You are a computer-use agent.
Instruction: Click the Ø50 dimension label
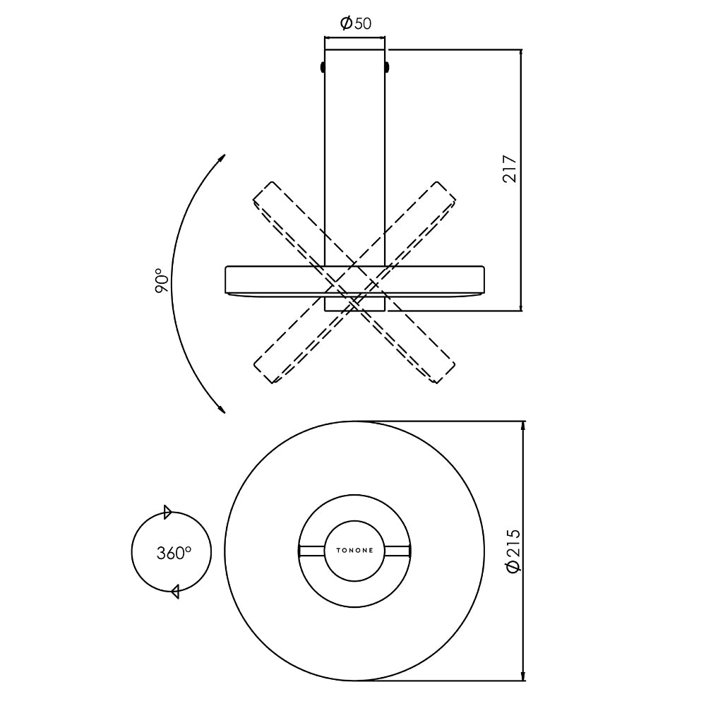click(356, 23)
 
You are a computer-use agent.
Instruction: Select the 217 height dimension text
click(510, 169)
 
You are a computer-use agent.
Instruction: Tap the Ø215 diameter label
click(513, 550)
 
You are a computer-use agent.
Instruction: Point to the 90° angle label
click(162, 280)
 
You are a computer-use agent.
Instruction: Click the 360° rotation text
click(174, 553)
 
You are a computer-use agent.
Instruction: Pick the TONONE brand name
click(355, 550)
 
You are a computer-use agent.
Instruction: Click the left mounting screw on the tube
click(323, 67)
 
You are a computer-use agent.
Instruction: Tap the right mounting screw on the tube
click(387, 67)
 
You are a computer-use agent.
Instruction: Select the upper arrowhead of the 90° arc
click(222, 159)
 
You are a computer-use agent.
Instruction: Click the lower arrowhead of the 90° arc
click(222, 408)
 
